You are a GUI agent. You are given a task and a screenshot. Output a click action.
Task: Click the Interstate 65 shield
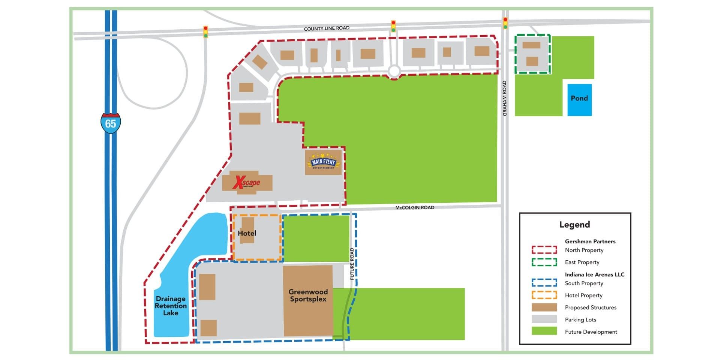111,123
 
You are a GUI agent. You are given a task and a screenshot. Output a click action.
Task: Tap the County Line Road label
327,28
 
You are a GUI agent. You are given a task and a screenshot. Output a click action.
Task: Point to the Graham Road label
505,98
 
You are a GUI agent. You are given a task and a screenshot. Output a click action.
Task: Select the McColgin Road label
415,207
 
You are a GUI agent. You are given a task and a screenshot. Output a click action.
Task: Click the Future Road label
352,264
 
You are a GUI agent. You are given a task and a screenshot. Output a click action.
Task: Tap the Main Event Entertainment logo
323,162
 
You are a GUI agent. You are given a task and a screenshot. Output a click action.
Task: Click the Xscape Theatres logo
246,183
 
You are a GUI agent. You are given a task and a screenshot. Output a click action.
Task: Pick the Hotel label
247,233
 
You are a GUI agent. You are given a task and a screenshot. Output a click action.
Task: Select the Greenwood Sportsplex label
308,295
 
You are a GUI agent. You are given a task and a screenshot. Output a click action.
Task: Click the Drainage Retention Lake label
171,306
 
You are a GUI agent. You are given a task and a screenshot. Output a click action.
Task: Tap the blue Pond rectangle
579,100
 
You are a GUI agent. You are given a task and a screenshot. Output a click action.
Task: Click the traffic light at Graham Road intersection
505,23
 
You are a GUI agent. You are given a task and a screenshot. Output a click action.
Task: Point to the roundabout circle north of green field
394,71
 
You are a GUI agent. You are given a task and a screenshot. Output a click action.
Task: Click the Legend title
574,225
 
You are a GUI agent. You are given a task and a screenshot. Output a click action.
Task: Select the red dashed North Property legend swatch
544,250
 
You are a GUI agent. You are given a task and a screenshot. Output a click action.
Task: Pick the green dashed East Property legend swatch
544,262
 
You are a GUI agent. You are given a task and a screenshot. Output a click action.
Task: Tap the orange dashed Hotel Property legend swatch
544,295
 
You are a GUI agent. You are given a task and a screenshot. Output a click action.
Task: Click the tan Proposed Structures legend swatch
544,307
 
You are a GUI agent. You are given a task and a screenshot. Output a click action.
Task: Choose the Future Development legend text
591,332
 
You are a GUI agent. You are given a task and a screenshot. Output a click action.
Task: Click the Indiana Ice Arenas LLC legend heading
595,274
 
